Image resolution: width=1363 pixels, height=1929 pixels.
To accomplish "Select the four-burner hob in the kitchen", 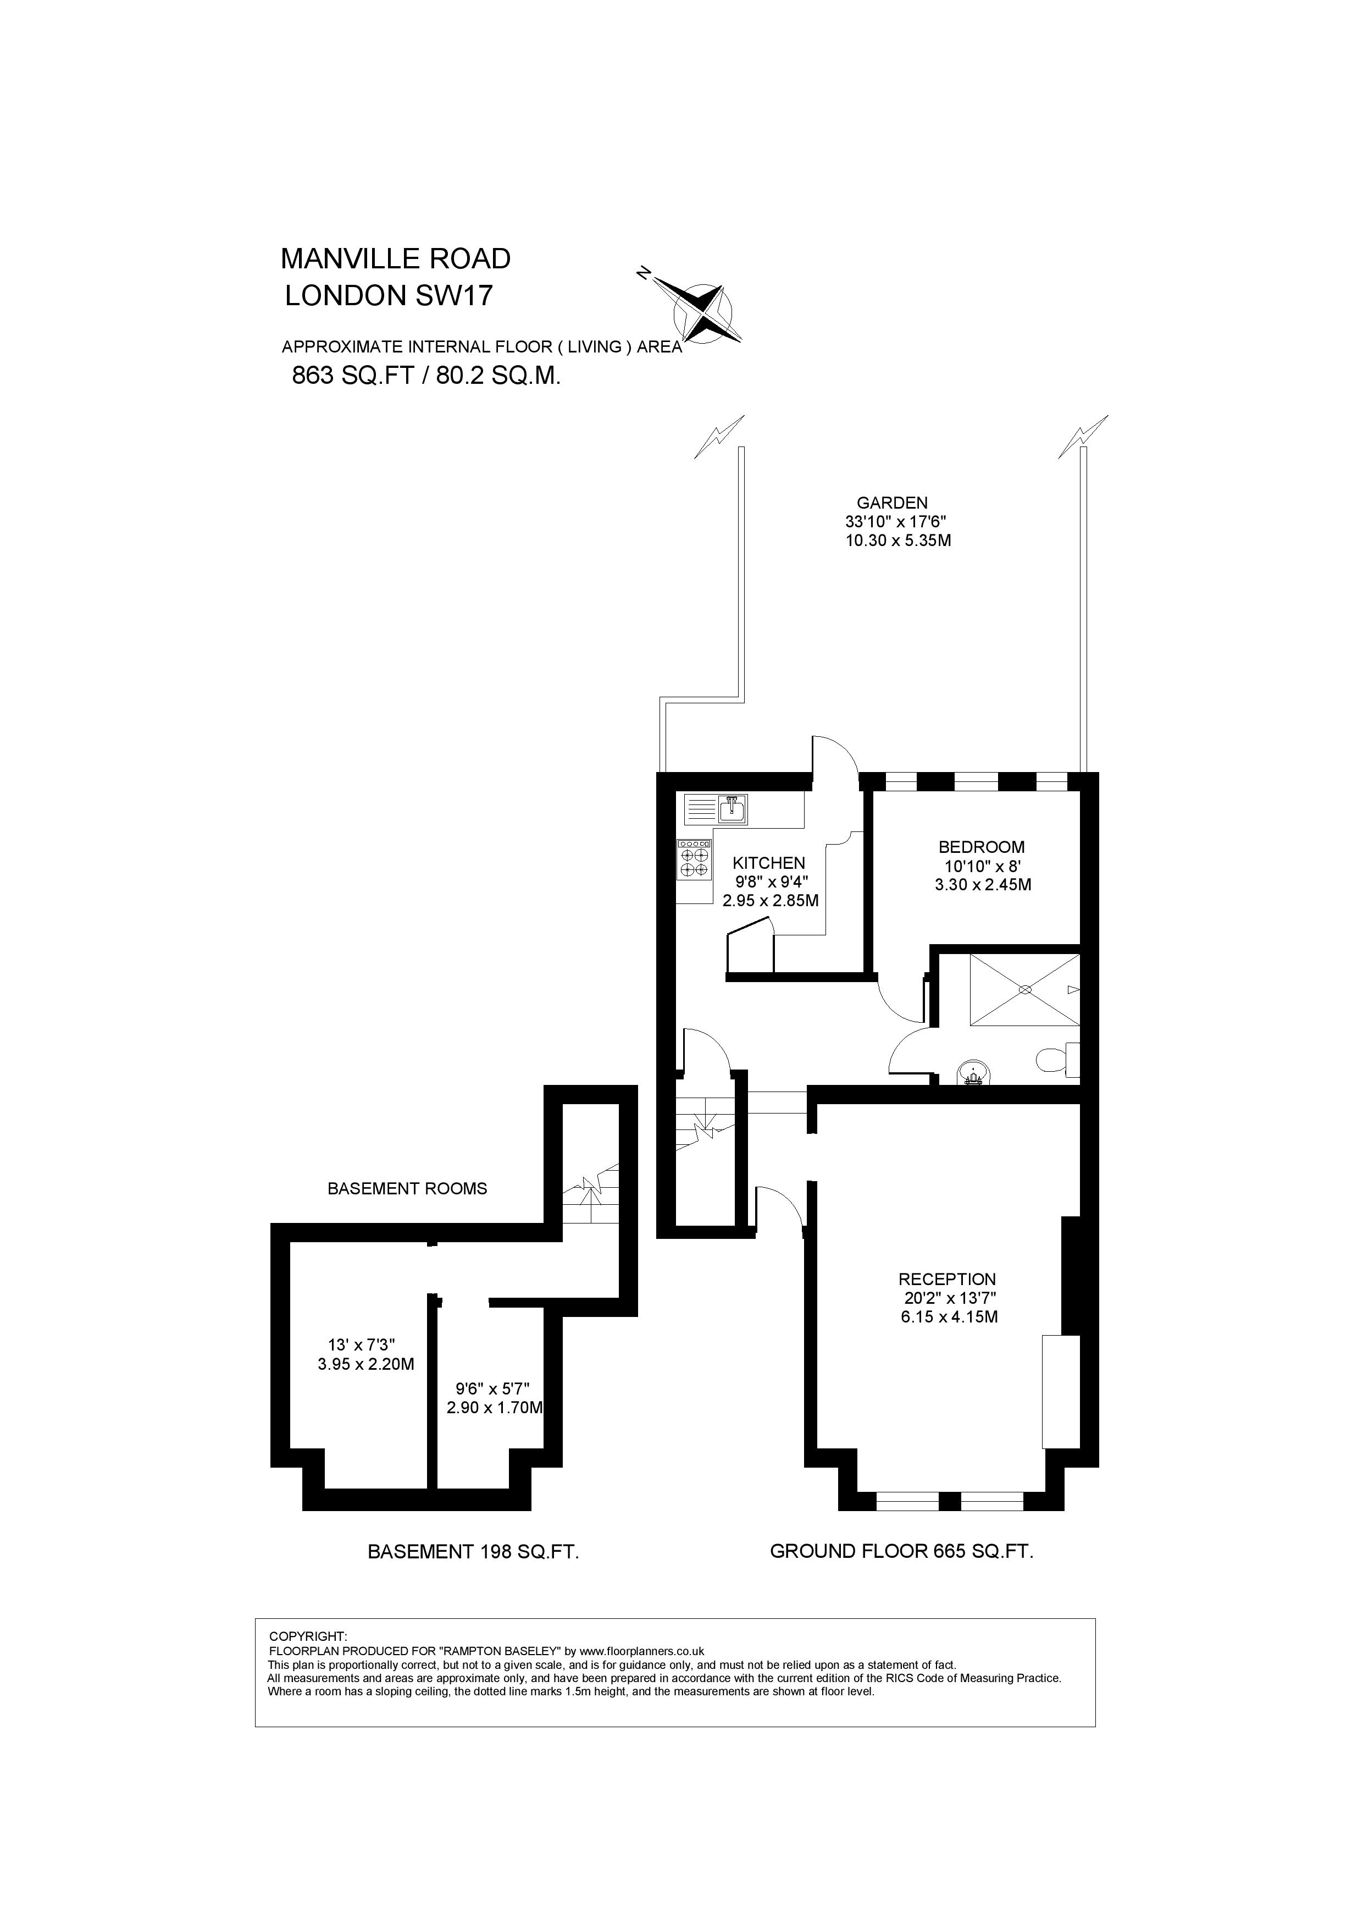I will pyautogui.click(x=694, y=861).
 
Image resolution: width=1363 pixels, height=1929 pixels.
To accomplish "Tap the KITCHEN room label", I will pyautogui.click(x=768, y=863).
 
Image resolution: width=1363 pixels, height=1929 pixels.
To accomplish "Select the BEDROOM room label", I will pyautogui.click(x=981, y=847).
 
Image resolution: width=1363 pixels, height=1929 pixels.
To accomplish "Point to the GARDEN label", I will pyautogui.click(x=892, y=503).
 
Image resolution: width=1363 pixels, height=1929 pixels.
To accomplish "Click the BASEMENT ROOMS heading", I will pyautogui.click(x=407, y=1188).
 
